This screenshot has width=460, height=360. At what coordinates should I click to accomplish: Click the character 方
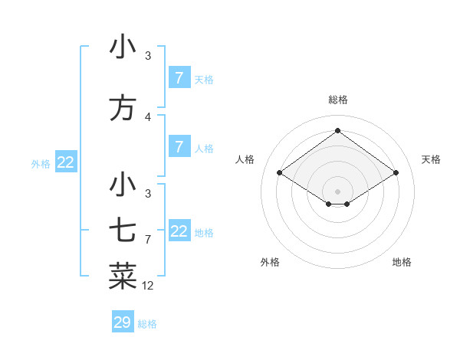[123, 107]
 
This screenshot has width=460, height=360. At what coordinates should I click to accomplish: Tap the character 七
[123, 230]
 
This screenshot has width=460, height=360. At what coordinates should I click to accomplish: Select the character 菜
[123, 276]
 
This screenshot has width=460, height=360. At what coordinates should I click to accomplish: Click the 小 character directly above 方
[123, 47]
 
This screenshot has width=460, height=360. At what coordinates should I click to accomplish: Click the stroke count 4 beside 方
[148, 117]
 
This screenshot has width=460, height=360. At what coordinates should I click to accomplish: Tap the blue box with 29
[123, 322]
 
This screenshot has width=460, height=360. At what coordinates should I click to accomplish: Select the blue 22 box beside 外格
[66, 162]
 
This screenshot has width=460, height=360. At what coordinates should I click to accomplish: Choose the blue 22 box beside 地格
[179, 231]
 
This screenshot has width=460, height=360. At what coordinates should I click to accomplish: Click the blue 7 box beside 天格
[179, 78]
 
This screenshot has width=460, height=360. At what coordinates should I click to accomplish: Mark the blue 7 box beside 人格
[179, 147]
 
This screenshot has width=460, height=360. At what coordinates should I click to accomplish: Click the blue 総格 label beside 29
[148, 324]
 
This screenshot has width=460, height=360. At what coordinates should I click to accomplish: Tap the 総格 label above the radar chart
[337, 100]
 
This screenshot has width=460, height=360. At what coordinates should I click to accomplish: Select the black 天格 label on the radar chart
[431, 159]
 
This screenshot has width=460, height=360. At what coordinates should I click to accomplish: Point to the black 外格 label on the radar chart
[270, 262]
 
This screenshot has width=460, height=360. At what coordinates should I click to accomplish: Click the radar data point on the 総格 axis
[337, 131]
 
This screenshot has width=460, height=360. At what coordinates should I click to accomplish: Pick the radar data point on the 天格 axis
[396, 173]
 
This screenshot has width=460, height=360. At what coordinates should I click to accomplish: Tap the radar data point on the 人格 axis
[280, 173]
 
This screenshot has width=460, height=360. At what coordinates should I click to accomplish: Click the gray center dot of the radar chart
[337, 191]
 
